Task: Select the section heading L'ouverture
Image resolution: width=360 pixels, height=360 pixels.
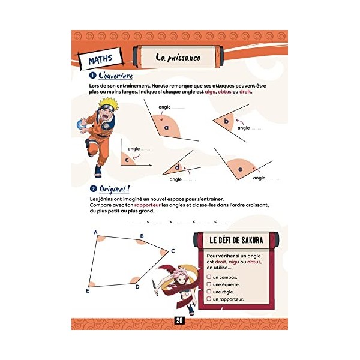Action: [115, 76]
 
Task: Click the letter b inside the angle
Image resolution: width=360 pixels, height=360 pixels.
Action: [226, 121]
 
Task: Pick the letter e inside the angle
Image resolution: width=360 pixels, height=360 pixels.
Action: [240, 169]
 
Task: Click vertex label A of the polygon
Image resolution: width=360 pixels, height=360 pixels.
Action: [95, 232]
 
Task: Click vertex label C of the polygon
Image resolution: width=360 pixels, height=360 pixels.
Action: [173, 251]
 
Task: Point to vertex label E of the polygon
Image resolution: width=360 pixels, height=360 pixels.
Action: [88, 290]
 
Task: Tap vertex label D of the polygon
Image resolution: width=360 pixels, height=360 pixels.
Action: [137, 286]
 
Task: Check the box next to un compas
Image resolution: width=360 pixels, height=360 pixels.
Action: [208, 277]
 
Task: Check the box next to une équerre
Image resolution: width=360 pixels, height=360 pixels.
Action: [208, 284]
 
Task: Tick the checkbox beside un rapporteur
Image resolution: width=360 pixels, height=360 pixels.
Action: [208, 299]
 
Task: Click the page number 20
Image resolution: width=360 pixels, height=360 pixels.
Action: [179, 320]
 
